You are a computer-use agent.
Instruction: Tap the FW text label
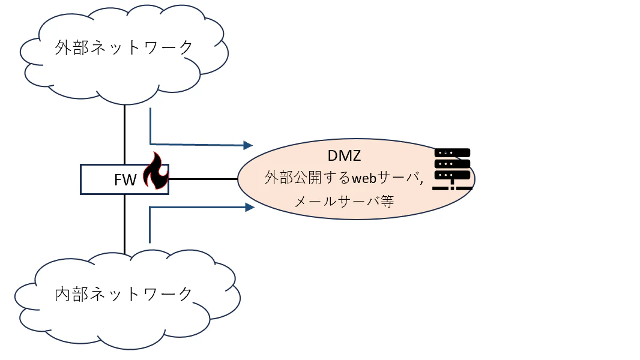coord(125,180)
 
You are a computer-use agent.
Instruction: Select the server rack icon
coord(452,169)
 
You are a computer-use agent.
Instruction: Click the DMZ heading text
coord(344,155)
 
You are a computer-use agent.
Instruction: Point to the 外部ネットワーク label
coord(124,48)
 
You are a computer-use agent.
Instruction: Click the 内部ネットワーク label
coord(123,294)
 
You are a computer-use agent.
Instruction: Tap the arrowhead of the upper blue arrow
coord(248,145)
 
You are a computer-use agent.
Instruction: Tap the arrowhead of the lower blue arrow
coord(250,208)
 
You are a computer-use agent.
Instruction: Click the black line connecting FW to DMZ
coord(204,179)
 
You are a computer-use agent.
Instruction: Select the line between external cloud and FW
coord(124,134)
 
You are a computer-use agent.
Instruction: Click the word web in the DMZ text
coord(364,178)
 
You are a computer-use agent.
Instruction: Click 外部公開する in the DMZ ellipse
coord(307,178)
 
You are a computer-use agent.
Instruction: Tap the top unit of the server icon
coord(452,153)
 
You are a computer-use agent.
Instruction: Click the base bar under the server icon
coord(452,188)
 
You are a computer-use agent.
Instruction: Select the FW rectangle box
coord(124,179)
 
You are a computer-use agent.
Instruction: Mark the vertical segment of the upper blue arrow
coord(151,126)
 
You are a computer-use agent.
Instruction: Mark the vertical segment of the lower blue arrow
coord(150,225)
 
